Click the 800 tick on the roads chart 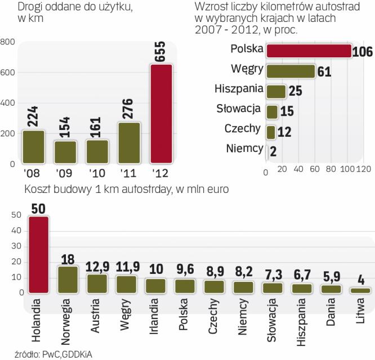[x=8, y=42]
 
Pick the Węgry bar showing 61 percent [x=290, y=71]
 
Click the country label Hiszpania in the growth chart [x=239, y=89]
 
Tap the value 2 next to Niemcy [x=273, y=149]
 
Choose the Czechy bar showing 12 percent [x=270, y=131]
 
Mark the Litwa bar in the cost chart [x=360, y=290]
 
